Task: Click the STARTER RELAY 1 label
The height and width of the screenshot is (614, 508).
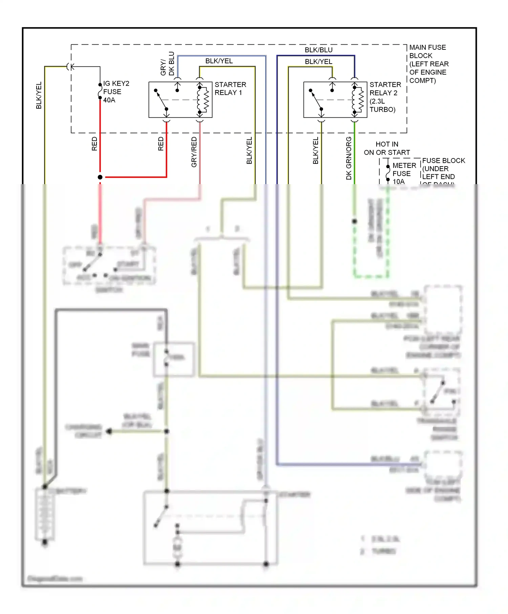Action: click(x=230, y=89)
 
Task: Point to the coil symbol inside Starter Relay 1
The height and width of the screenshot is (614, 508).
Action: click(x=205, y=100)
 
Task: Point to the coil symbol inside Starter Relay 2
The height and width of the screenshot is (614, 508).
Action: click(x=359, y=100)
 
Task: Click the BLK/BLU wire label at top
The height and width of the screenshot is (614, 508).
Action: click(x=318, y=50)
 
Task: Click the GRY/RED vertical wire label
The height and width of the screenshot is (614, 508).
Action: click(x=194, y=152)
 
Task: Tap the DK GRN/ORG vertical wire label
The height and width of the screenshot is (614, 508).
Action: click(x=349, y=158)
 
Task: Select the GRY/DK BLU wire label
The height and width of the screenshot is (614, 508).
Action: click(x=167, y=64)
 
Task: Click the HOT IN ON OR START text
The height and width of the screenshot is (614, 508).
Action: click(x=387, y=148)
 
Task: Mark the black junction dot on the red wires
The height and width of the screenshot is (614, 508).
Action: click(x=100, y=177)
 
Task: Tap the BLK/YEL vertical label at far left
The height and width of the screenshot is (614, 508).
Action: click(x=39, y=95)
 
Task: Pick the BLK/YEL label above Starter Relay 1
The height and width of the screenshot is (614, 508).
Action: click(x=219, y=61)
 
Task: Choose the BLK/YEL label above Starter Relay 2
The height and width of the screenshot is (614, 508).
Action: click(x=318, y=62)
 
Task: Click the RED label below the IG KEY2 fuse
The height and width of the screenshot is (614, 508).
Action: click(x=94, y=144)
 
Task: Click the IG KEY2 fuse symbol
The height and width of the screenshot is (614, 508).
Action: click(x=100, y=91)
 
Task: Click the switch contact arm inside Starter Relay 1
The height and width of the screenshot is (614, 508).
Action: click(x=161, y=100)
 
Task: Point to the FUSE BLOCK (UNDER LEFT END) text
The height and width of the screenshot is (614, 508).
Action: click(x=443, y=169)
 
